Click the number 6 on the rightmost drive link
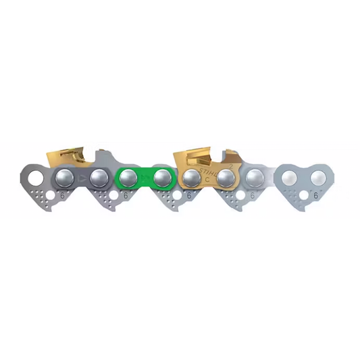click(x=315, y=195)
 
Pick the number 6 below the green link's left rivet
click(x=126, y=195)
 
